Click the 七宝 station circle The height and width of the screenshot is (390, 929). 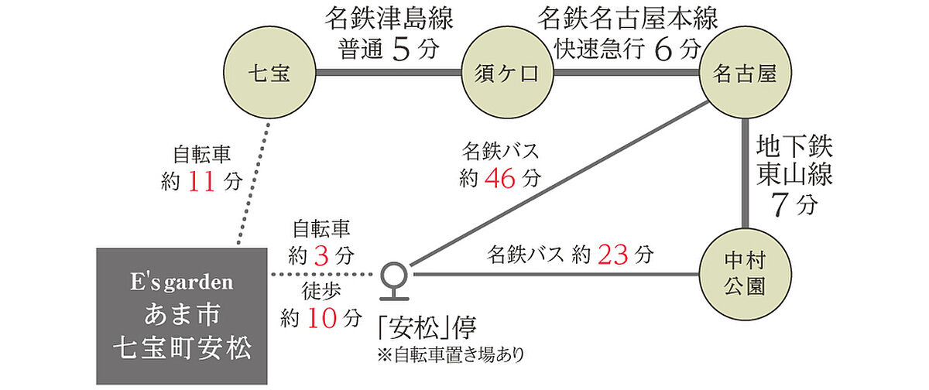[x=269, y=73]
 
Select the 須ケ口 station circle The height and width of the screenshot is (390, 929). [x=508, y=73]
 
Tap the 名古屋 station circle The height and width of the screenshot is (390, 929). [x=746, y=73]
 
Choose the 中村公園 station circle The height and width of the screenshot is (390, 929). [x=746, y=274]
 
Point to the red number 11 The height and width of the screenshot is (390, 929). [x=201, y=182]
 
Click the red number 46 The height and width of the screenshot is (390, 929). [x=500, y=179]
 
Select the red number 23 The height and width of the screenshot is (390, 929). [x=613, y=255]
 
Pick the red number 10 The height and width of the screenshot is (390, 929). [x=322, y=319]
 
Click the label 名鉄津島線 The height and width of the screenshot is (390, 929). [x=389, y=19]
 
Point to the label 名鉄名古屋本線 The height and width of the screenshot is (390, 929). [x=628, y=19]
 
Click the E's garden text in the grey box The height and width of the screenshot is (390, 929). [x=182, y=282]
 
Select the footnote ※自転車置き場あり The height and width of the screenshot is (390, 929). [x=451, y=355]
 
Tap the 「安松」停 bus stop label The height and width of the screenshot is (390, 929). [x=427, y=328]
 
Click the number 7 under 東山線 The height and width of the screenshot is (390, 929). [x=780, y=205]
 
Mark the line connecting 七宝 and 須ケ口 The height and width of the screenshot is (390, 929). [x=389, y=73]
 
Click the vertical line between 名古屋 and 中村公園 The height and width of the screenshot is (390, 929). [x=746, y=173]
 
